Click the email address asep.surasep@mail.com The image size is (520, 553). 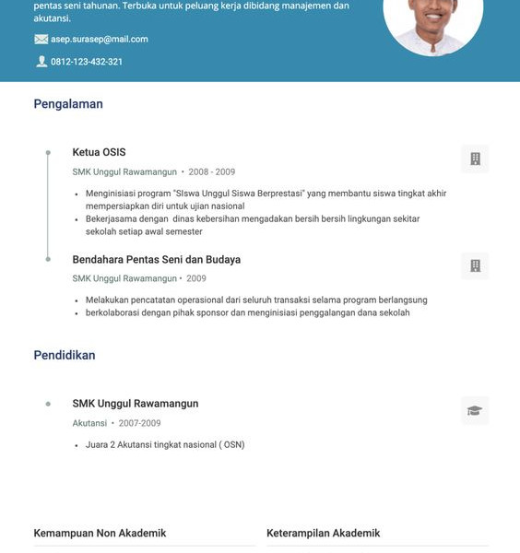pos(99,40)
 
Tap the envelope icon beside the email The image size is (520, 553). pos(41,40)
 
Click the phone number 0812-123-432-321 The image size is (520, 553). pos(87,62)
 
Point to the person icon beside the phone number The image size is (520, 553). pos(41,62)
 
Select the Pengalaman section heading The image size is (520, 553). pos(68,104)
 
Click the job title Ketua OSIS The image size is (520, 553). pos(99,152)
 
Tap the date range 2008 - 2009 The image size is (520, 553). pos(212,172)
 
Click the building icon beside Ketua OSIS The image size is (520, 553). pos(475,159)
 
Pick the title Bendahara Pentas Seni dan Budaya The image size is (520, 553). pos(156,260)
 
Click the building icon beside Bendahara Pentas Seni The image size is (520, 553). pos(475,266)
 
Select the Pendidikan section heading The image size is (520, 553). pos(65,355)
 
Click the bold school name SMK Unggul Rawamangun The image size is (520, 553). pos(136,404)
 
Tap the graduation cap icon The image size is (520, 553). pos(475,410)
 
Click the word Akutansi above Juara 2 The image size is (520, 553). pos(89,423)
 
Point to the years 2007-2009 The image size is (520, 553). pos(139,423)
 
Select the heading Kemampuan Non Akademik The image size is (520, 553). pos(100,534)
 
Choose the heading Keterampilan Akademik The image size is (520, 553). pos(323,534)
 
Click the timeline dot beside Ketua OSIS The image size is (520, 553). pos(48,152)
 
